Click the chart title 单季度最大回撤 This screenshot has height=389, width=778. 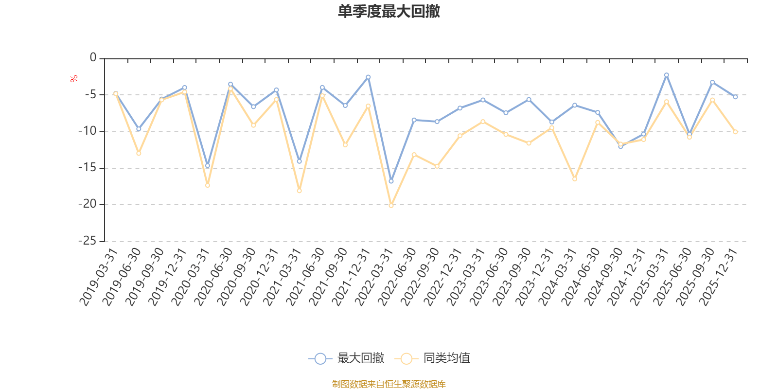coord(389,12)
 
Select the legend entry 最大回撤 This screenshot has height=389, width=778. coord(346,359)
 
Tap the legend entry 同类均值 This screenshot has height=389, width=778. coord(432,359)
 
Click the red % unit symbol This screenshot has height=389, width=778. coord(73,79)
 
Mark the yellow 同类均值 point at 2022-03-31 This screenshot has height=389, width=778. coord(391,206)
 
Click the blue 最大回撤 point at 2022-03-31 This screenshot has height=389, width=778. coord(391,181)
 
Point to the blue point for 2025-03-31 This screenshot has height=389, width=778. coord(667,75)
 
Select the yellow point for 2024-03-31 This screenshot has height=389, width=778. coord(575,179)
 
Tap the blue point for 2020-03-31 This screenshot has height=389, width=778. coord(208,166)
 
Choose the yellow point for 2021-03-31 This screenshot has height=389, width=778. coord(299,191)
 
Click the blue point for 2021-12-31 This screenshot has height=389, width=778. coord(368,77)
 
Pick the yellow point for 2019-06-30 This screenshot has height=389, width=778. coord(139,153)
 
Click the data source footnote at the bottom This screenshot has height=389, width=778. coord(389,384)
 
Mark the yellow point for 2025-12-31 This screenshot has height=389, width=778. coord(735,132)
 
